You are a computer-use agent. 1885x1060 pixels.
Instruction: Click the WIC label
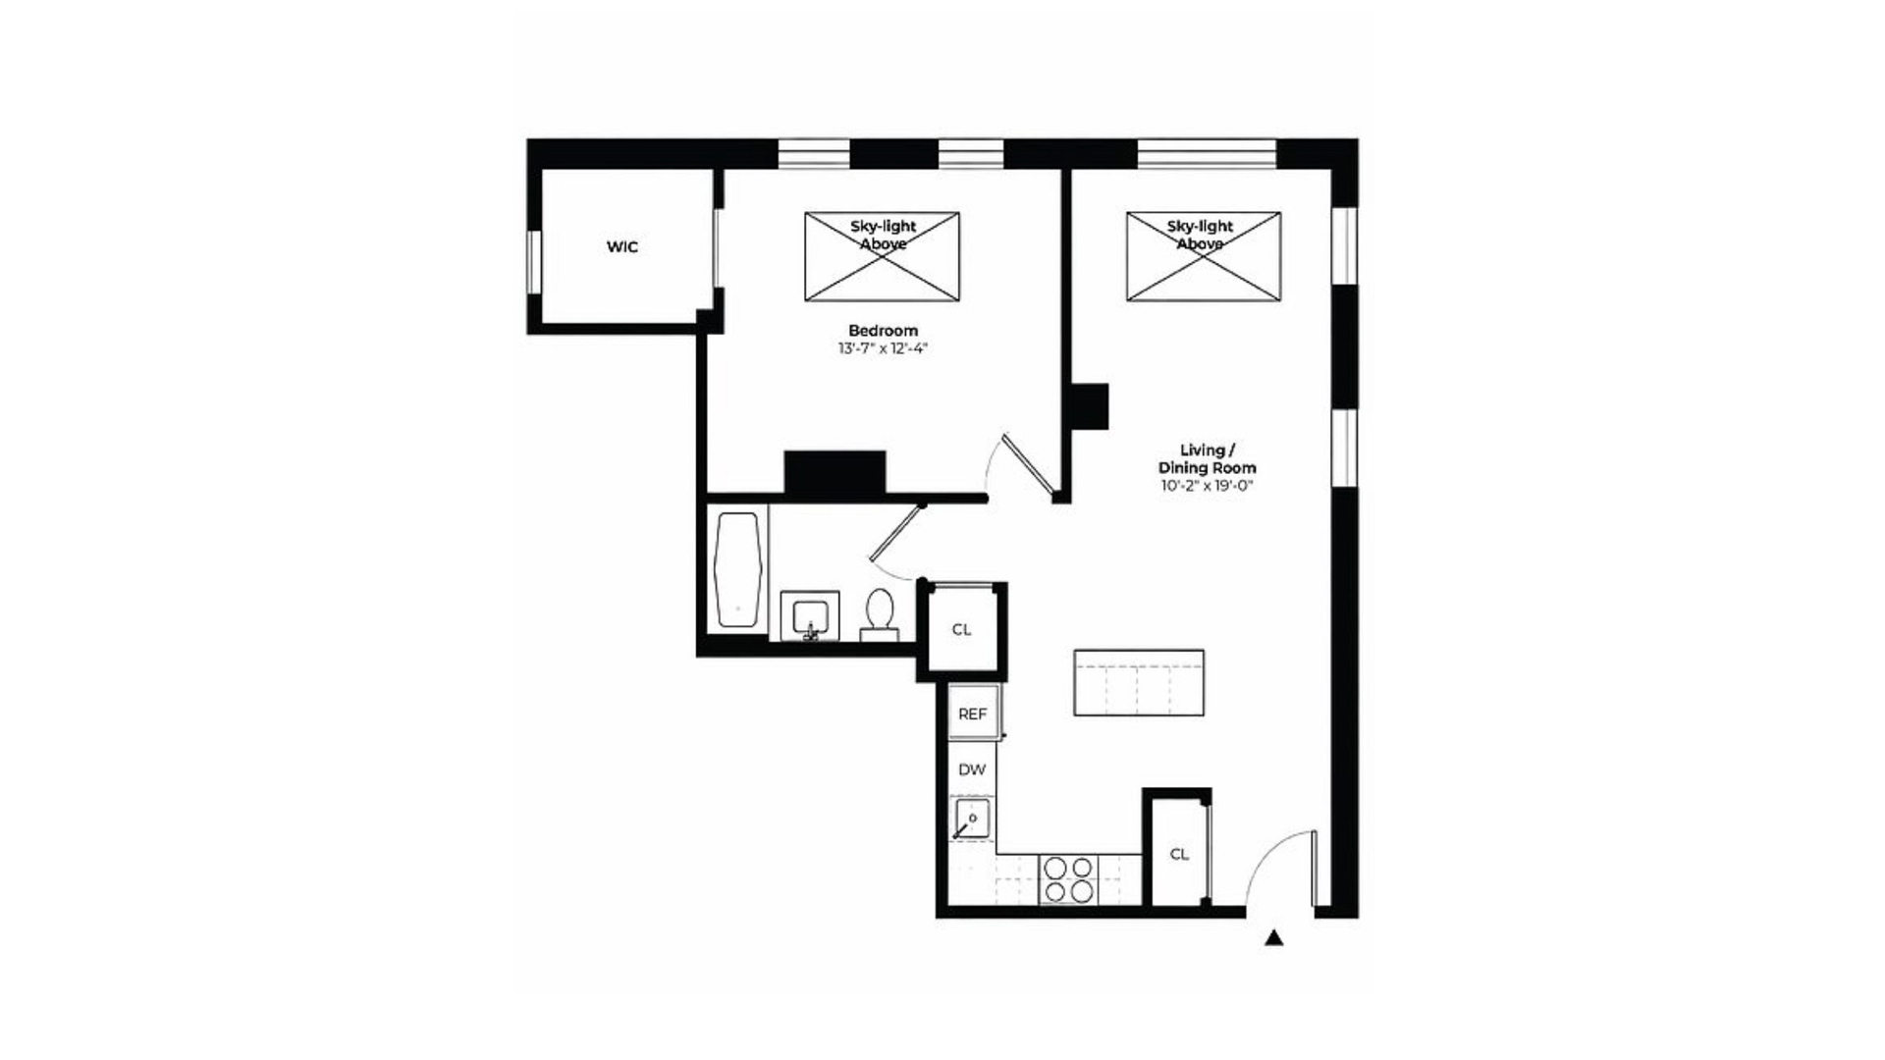click(621, 247)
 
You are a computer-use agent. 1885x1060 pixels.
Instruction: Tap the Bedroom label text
click(883, 331)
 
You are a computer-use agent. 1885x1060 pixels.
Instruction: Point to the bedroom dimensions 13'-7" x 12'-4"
click(883, 348)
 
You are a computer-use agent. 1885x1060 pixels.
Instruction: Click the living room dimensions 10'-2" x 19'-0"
click(1207, 486)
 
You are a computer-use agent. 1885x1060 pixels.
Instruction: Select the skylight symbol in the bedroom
click(882, 256)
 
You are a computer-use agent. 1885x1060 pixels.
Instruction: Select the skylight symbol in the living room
click(1203, 256)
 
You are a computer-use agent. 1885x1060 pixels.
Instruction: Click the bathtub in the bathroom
click(738, 569)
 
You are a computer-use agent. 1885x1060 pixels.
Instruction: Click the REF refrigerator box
click(973, 714)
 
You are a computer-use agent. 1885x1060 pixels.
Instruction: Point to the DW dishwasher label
click(972, 769)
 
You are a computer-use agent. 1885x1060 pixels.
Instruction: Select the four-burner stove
click(1068, 879)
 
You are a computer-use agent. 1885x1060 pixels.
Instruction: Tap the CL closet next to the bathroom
click(962, 629)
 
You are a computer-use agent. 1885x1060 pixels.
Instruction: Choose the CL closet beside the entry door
click(1179, 854)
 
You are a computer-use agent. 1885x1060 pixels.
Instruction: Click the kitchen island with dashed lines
click(1139, 682)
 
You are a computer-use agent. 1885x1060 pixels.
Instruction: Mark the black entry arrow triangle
click(1273, 938)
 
